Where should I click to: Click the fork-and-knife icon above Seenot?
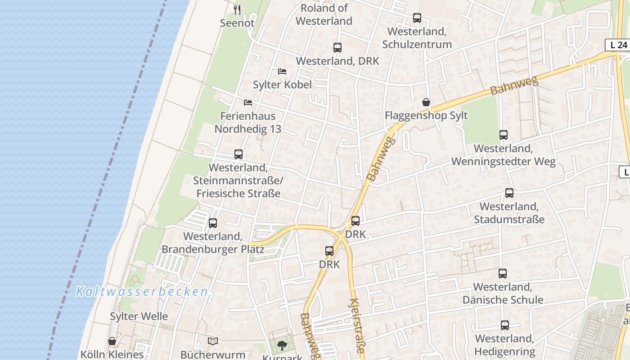[237, 9]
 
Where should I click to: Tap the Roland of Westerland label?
[324, 14]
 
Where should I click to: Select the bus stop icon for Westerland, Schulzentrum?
[417, 18]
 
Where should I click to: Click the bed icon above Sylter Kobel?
[282, 71]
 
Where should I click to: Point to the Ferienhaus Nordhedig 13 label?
[247, 122]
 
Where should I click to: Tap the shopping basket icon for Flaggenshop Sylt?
[426, 102]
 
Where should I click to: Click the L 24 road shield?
[616, 45]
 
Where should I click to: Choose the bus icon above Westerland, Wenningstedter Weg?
[504, 135]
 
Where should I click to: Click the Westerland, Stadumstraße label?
[509, 213]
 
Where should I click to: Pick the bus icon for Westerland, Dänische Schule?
[503, 273]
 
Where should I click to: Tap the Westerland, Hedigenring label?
[505, 345]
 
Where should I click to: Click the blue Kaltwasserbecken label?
[142, 292]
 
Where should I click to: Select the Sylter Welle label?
[139, 316]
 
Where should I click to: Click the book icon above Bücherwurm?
[213, 342]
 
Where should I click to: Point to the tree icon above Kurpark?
[282, 346]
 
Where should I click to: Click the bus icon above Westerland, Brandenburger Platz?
[213, 223]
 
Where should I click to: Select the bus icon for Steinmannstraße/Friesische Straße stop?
[238, 154]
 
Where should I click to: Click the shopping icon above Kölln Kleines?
[112, 342]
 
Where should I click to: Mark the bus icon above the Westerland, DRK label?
[337, 47]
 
